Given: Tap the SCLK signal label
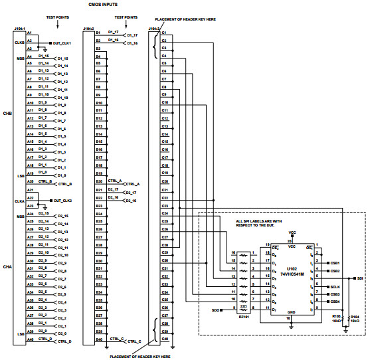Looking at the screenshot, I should point(335,286).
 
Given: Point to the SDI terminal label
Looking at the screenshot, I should point(361,278).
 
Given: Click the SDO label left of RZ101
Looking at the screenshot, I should point(216,310).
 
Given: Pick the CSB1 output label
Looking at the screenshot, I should point(335,263).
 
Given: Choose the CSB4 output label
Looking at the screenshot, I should point(335,301).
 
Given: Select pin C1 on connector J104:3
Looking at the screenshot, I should point(164,32).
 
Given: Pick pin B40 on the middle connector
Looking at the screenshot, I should point(98,339).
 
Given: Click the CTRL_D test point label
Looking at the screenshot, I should point(64,341).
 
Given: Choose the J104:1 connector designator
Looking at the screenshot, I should point(19,29).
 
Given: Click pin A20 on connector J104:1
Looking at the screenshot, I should point(30,181).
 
